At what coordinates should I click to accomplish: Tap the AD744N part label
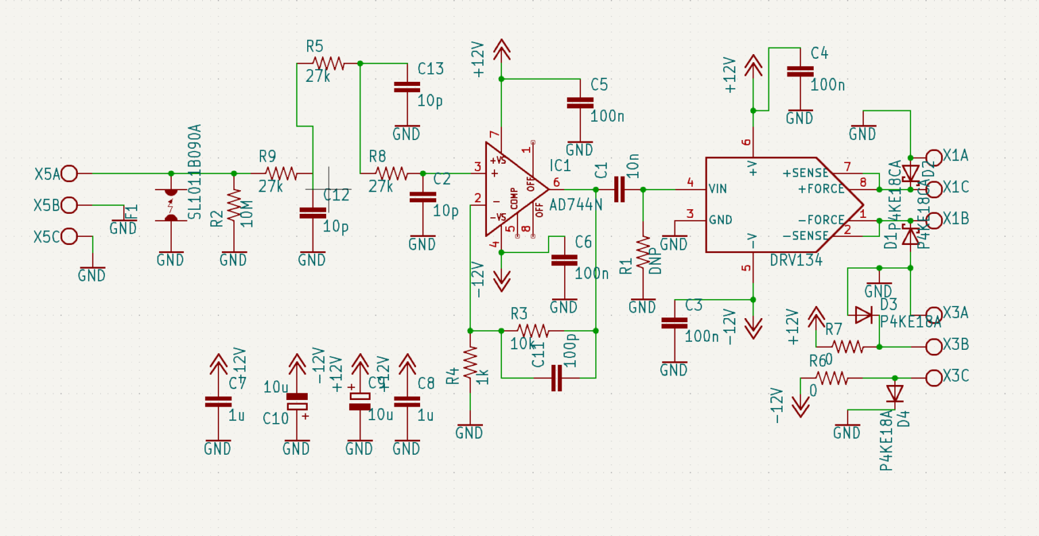(x=576, y=204)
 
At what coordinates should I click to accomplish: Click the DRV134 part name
(x=796, y=260)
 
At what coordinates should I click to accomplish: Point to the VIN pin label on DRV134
(x=718, y=188)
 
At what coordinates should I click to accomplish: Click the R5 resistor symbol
(x=329, y=64)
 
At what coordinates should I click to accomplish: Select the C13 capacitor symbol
(x=407, y=87)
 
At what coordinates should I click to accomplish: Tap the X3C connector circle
(x=933, y=378)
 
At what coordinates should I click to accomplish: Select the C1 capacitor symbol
(x=619, y=189)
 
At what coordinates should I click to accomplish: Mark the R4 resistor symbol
(x=470, y=366)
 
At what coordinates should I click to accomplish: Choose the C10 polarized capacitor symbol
(x=296, y=401)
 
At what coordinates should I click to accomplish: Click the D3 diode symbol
(x=863, y=315)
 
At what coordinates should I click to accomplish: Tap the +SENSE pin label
(x=806, y=173)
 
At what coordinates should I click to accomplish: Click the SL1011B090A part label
(x=195, y=171)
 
